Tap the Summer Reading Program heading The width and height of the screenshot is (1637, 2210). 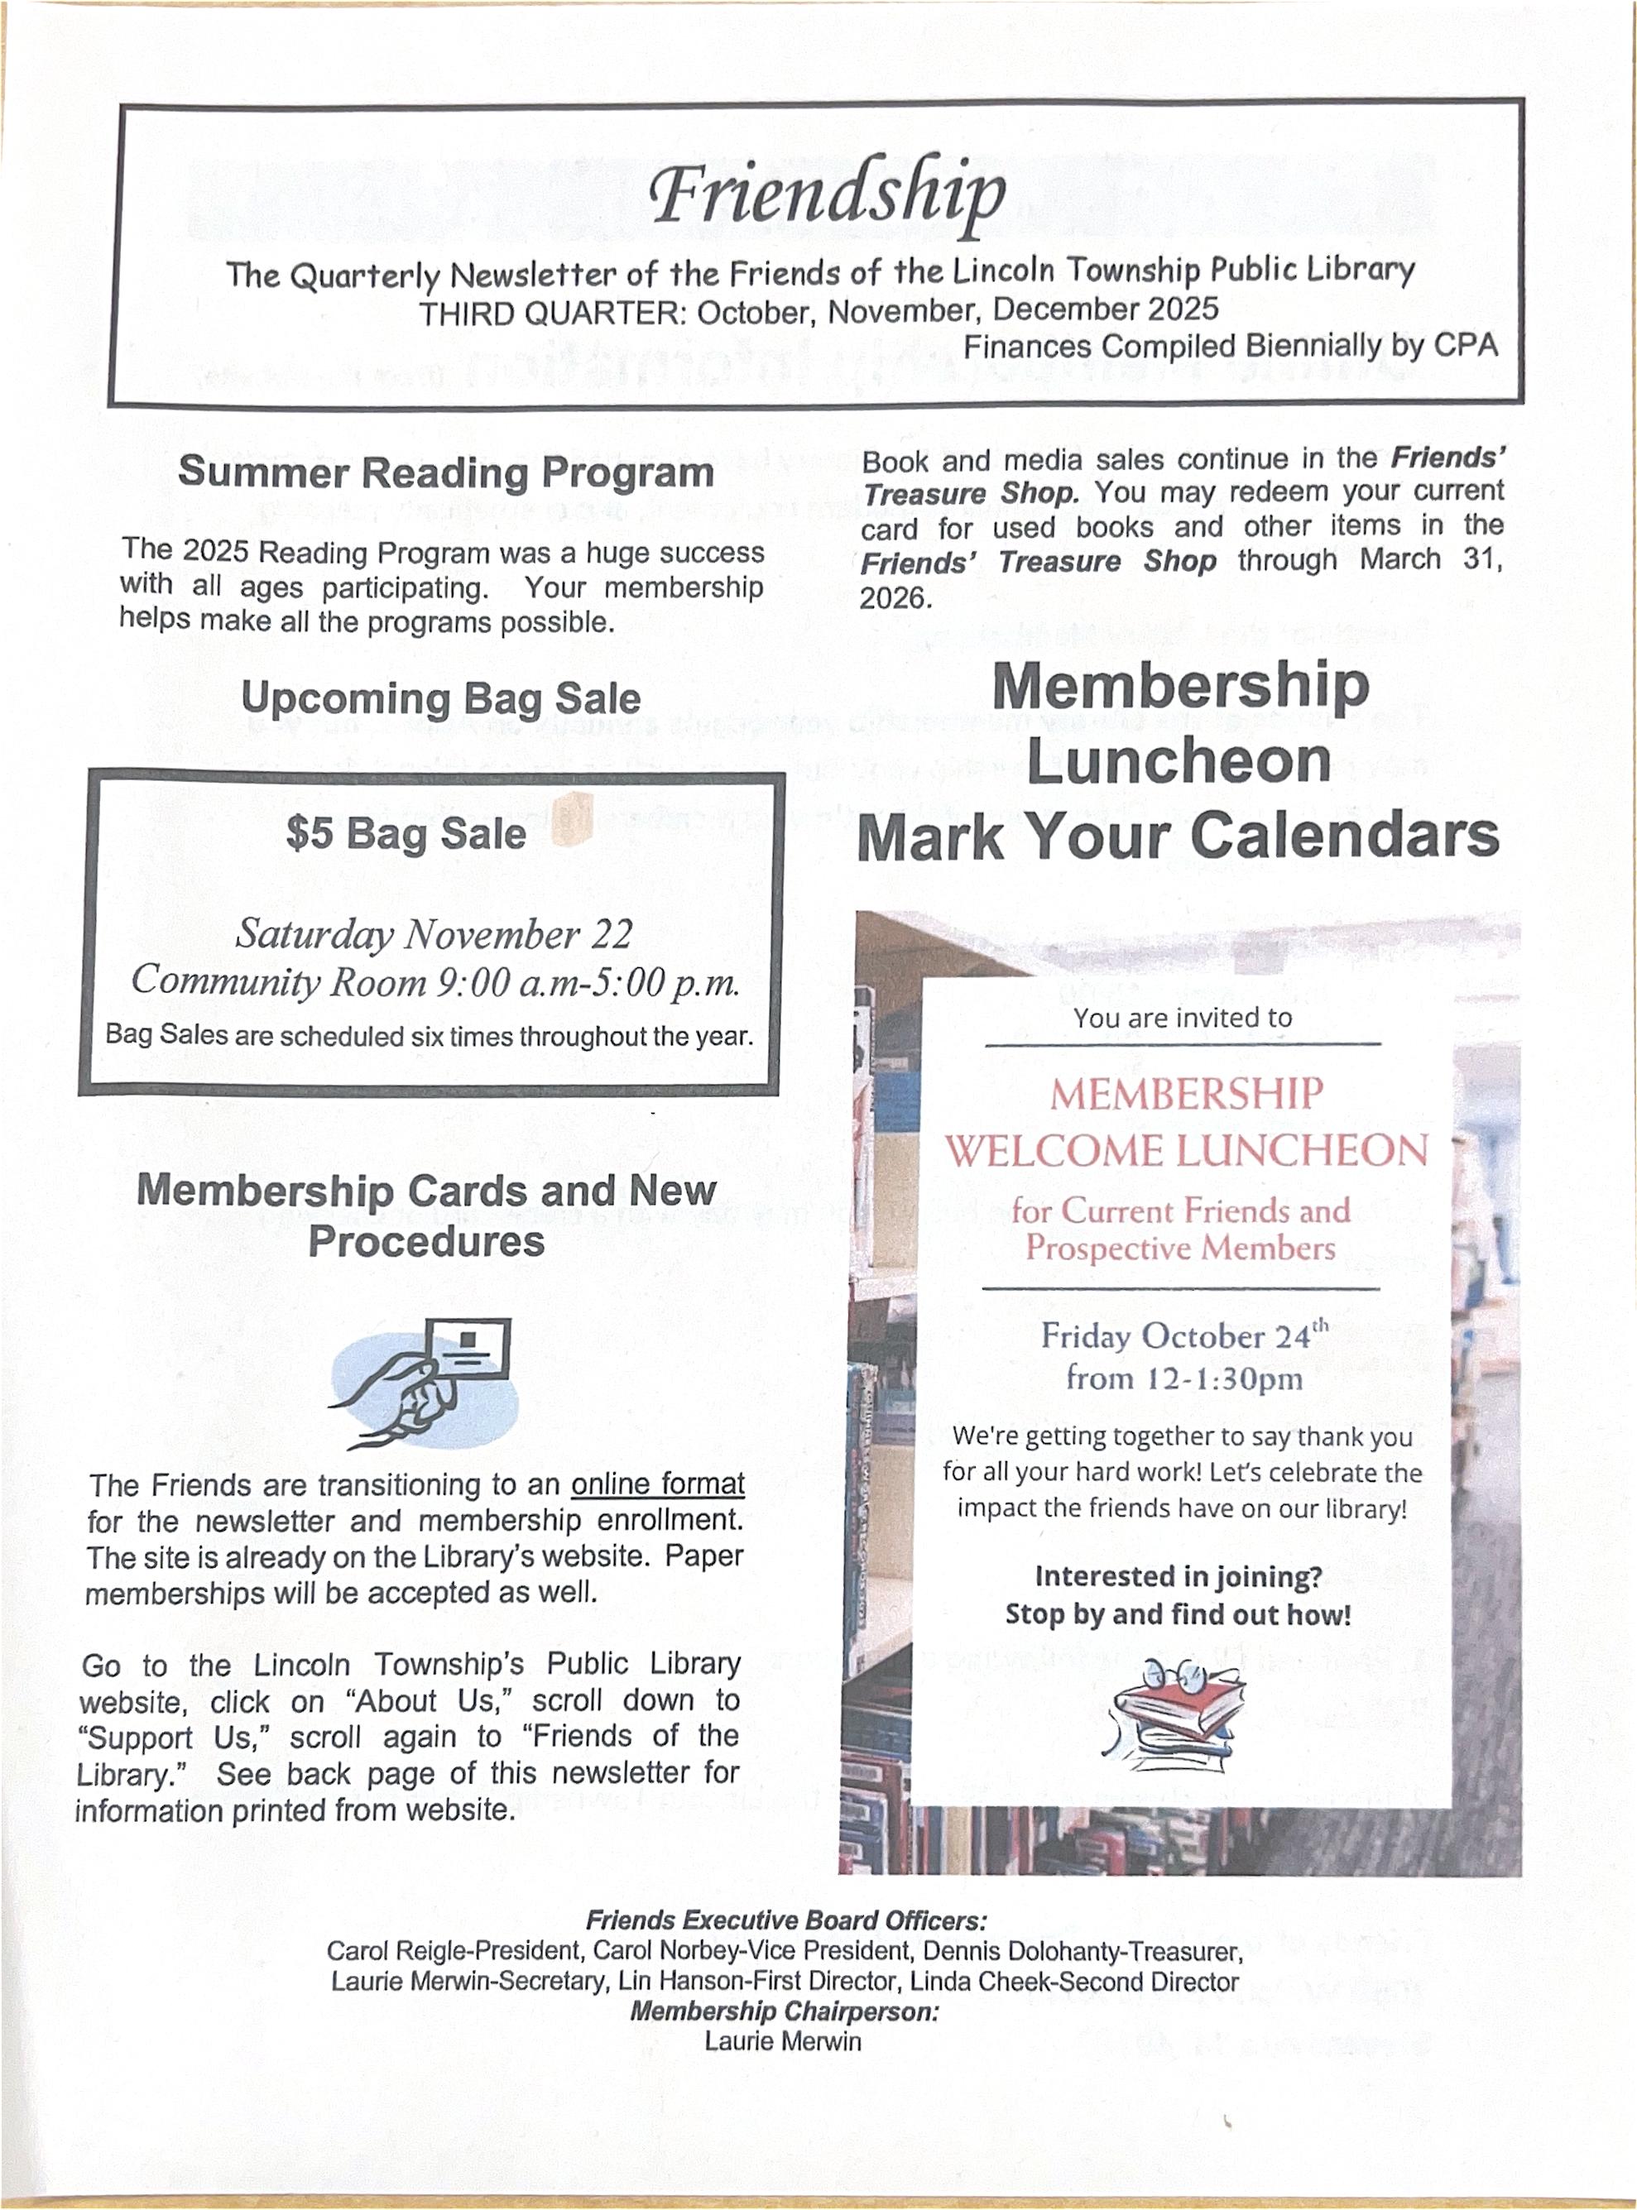446,472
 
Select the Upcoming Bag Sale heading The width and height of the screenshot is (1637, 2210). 441,698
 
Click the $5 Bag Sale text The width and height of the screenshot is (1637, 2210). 406,833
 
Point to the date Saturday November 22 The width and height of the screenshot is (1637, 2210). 433,934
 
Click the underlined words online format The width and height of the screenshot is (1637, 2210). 657,1484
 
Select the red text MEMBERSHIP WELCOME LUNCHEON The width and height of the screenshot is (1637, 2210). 1185,1122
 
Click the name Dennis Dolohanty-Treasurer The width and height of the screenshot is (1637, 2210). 1082,1952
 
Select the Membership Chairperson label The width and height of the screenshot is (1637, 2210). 784,2012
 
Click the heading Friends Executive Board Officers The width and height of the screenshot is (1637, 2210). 785,1920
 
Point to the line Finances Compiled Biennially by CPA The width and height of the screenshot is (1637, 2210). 1230,346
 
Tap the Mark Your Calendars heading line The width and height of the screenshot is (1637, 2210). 1177,837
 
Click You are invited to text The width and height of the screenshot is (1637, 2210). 1182,1018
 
